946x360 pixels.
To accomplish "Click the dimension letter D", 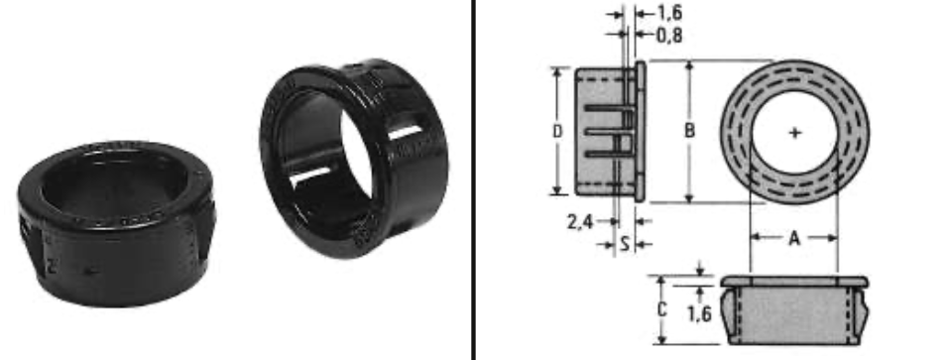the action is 557,131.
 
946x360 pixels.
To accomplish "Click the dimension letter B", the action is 690,131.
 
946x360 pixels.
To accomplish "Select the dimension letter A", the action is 794,239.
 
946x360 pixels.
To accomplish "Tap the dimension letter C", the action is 661,309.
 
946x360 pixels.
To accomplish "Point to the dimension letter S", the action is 625,244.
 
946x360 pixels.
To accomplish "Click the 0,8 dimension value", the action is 669,36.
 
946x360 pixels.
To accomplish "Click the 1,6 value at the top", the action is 669,13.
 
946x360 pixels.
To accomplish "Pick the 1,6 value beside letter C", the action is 699,313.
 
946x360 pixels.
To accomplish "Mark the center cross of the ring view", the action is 795,133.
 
